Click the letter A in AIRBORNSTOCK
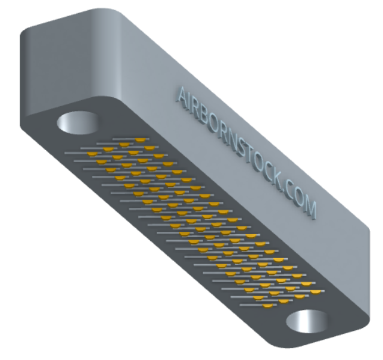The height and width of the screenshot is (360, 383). [x=182, y=97]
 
